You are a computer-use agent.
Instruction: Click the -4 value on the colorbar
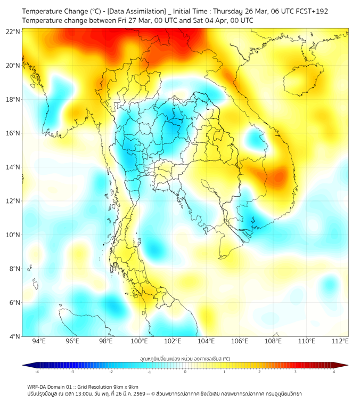coord(36,372)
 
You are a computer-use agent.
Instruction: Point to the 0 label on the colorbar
coord(185,372)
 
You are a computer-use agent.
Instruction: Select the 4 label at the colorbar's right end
coord(334,372)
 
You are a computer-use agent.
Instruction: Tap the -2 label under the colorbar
coord(111,372)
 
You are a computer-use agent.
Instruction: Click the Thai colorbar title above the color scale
coord(185,358)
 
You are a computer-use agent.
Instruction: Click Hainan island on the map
coord(302,80)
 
